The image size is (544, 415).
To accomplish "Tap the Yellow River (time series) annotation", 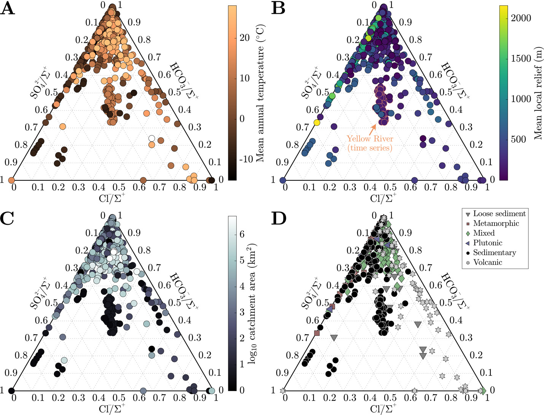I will (x=369, y=143).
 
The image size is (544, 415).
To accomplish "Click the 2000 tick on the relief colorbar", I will (x=521, y=18).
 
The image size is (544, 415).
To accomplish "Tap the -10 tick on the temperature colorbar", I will (x=246, y=159).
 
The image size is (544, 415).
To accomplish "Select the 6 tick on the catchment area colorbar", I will (x=242, y=234).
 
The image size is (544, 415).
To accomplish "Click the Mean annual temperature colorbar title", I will (x=261, y=93).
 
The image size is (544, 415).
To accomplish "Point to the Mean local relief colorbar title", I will (x=538, y=93).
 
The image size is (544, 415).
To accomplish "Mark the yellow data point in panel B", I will (x=317, y=122).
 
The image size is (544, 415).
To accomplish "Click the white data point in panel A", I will (x=152, y=138).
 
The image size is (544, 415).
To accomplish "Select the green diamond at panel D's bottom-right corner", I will (x=483, y=391).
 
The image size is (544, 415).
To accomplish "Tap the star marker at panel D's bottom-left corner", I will (x=283, y=391).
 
